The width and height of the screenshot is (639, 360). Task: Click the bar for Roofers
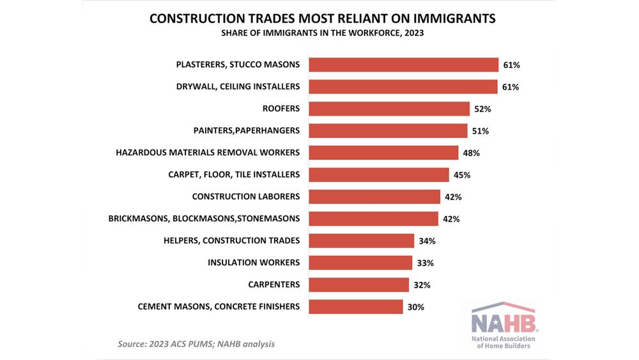[x=389, y=109]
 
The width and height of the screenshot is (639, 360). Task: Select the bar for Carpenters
[x=358, y=285]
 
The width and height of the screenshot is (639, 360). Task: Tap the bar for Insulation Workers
[x=360, y=263]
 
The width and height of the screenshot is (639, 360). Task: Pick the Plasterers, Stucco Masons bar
[x=403, y=65]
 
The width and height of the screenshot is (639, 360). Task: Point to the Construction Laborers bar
[x=374, y=196]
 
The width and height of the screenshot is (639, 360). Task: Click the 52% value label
[x=482, y=109]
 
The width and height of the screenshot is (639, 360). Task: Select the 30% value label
[x=415, y=307]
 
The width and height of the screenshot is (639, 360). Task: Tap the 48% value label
[x=471, y=153]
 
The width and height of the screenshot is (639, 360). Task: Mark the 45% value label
[x=462, y=175]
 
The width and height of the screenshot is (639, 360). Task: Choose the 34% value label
[x=427, y=241]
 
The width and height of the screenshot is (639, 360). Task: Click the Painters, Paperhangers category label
[x=246, y=130]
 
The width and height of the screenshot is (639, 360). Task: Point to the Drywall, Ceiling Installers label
[x=238, y=86]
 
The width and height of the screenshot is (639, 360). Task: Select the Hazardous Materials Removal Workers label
[x=208, y=153]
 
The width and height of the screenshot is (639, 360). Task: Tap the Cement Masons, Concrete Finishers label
[x=219, y=306]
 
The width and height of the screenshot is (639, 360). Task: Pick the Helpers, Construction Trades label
[x=232, y=240]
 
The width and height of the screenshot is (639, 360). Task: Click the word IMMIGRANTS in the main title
[x=454, y=19]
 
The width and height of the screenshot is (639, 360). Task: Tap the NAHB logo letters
[x=504, y=320]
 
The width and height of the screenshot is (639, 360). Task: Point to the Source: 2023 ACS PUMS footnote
[x=196, y=344]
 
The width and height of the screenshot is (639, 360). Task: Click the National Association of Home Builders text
[x=504, y=341]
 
